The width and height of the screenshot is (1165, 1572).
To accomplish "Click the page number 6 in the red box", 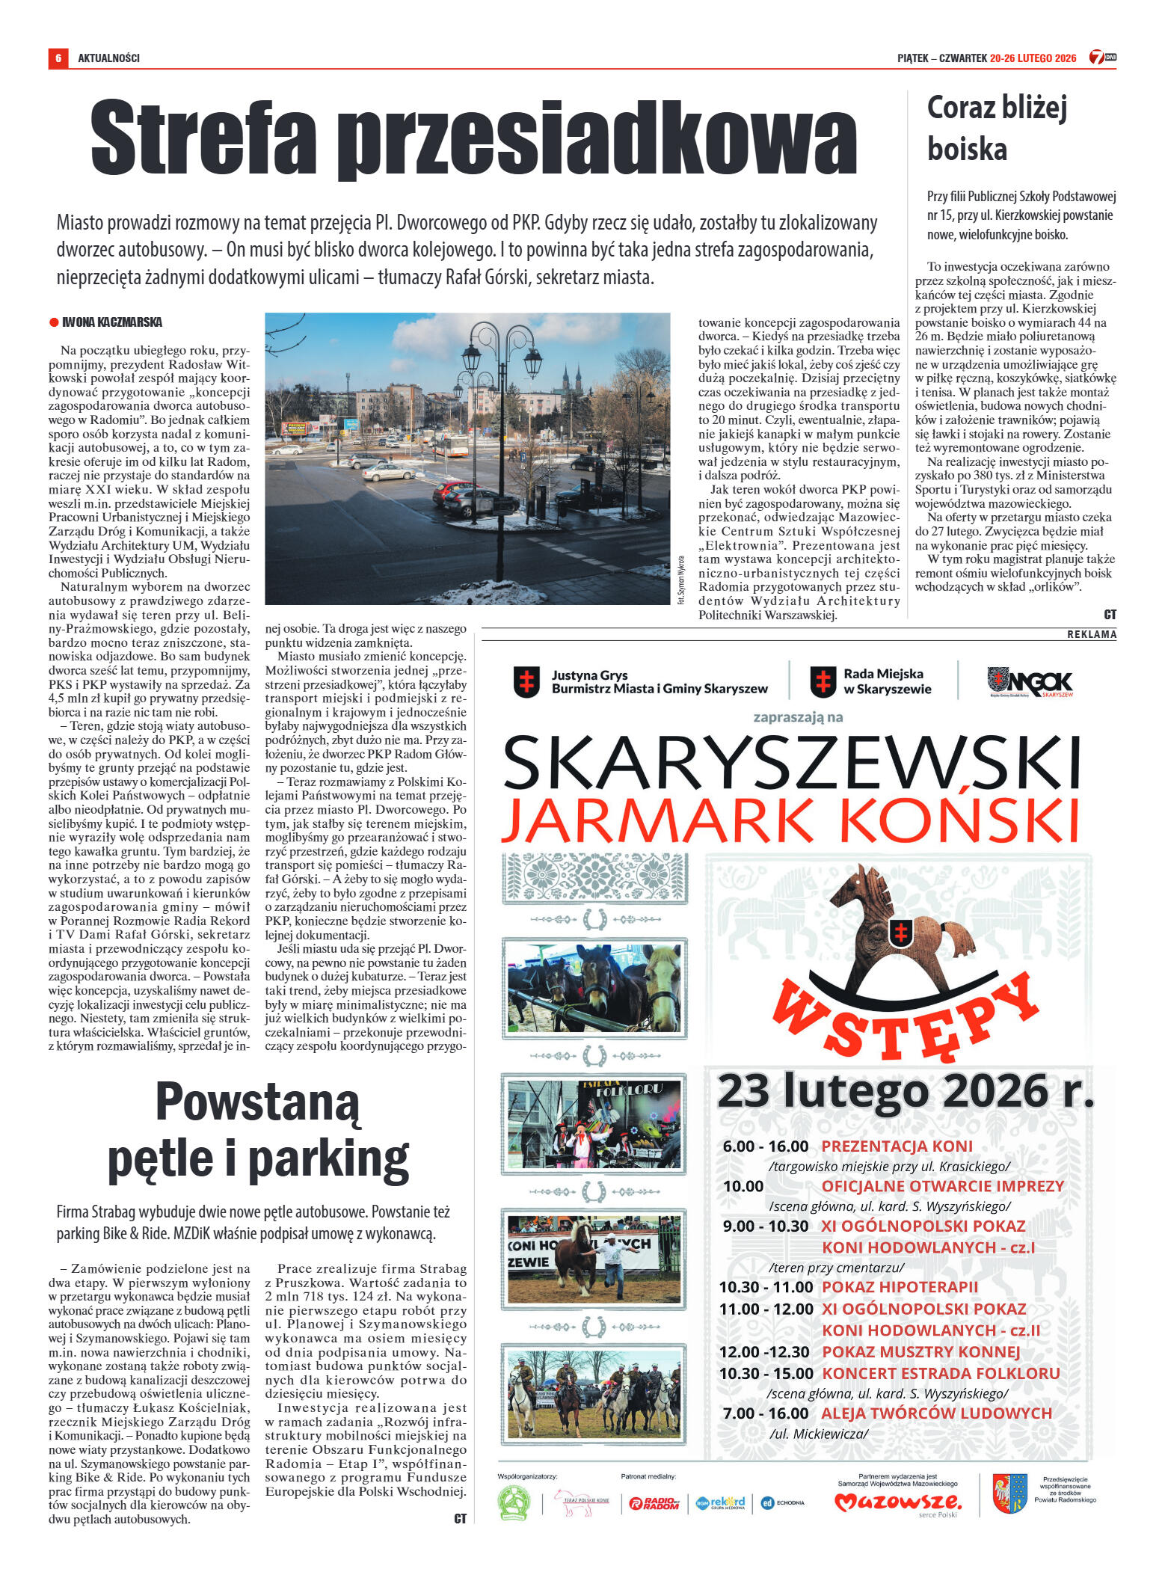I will (58, 58).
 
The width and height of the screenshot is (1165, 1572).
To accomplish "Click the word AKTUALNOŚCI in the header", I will (108, 58).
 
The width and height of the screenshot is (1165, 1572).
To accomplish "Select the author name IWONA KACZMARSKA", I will (112, 322).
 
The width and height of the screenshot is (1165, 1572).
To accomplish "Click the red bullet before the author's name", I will (54, 322).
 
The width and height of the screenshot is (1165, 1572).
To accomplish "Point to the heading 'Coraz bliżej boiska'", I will (996, 128).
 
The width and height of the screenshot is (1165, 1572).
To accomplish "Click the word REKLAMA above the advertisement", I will (1091, 634).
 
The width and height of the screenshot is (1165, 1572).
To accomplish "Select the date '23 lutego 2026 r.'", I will (905, 1091).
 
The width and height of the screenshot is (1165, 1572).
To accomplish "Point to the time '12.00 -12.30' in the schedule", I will (763, 1351).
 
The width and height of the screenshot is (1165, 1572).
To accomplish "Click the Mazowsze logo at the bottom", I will (897, 1502).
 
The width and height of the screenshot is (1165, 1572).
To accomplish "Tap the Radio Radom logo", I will (653, 1503).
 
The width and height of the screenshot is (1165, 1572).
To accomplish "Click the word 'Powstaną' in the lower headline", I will (257, 1102).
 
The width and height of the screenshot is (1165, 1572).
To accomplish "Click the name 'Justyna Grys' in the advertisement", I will (589, 675).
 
